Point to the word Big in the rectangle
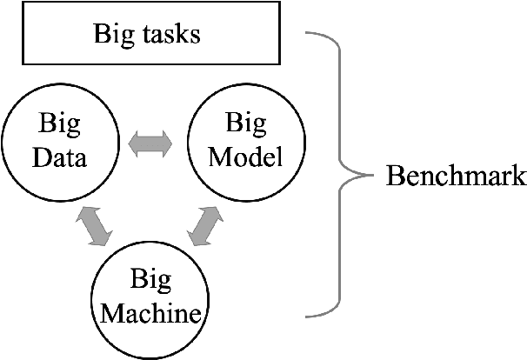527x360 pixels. (111, 37)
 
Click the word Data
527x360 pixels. (60, 160)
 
